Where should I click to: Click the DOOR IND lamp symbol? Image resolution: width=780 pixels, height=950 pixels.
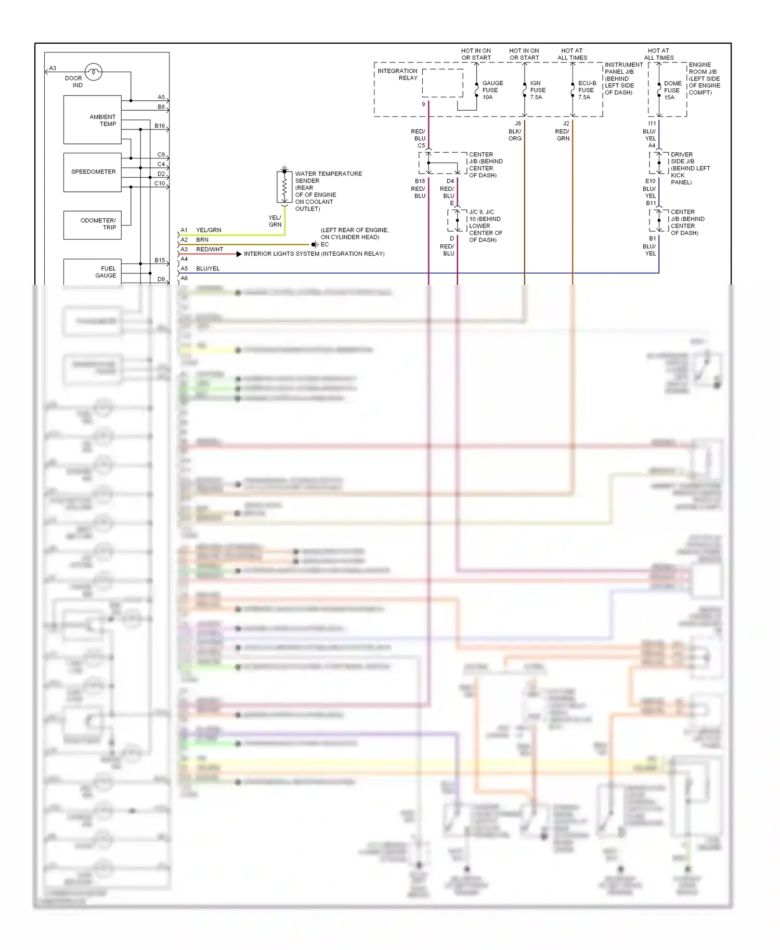pyautogui.click(x=93, y=72)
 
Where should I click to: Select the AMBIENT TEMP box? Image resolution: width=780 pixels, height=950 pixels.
pyautogui.click(x=93, y=120)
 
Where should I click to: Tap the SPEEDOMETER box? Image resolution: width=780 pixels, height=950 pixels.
pyautogui.click(x=93, y=172)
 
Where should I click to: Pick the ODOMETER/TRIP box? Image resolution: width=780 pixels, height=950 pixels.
pyautogui.click(x=93, y=225)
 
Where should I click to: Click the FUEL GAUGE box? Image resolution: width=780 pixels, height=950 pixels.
pyautogui.click(x=93, y=271)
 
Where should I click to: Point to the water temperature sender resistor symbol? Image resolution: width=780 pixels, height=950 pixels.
pyautogui.click(x=284, y=187)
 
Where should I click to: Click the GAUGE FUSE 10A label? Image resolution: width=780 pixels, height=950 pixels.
pyautogui.click(x=491, y=90)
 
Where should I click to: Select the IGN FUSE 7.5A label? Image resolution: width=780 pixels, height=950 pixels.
pyautogui.click(x=537, y=90)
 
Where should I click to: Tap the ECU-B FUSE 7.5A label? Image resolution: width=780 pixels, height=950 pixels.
pyautogui.click(x=587, y=90)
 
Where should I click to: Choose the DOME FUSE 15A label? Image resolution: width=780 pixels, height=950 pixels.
pyautogui.click(x=672, y=90)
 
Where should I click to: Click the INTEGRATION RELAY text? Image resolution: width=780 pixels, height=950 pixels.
pyautogui.click(x=397, y=74)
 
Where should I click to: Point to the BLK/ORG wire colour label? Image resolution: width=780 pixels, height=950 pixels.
pyautogui.click(x=515, y=135)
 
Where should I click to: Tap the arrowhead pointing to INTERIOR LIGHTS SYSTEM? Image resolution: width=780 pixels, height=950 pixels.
pyautogui.click(x=239, y=254)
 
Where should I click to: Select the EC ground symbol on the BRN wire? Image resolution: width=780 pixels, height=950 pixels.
pyautogui.click(x=314, y=244)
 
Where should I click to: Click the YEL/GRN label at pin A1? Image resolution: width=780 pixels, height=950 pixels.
pyautogui.click(x=208, y=230)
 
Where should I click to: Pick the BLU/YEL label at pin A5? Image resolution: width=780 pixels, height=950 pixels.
pyautogui.click(x=207, y=268)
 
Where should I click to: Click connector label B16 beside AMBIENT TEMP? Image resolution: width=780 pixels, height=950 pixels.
pyautogui.click(x=160, y=126)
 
